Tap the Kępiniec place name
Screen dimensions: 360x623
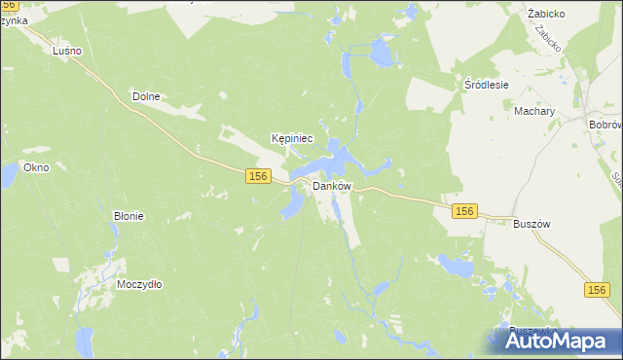292,139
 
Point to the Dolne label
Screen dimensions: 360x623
145,96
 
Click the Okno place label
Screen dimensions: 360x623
36,167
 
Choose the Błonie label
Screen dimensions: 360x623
128,216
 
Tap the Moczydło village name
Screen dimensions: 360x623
139,284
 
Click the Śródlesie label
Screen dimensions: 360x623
486,85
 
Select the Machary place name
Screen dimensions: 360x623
534,112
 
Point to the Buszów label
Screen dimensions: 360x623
531,223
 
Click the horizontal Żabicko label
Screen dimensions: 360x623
547,15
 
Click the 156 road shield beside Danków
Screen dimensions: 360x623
257,175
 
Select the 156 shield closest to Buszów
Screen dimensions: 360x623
464,211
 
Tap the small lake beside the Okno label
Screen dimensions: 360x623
8,175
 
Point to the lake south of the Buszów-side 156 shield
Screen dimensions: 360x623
454,264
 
